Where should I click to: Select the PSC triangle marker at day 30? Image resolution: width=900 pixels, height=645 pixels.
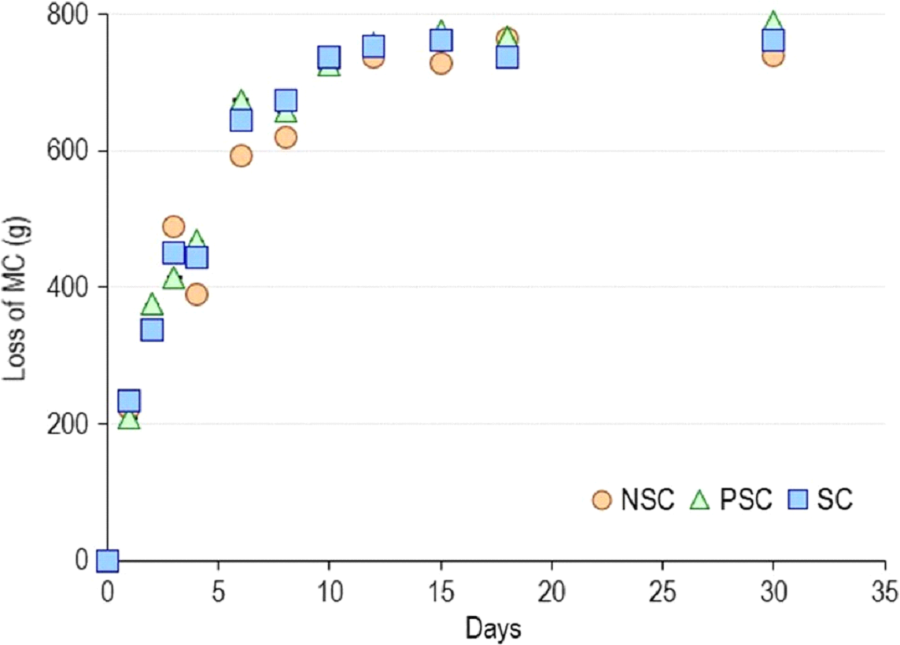(773, 22)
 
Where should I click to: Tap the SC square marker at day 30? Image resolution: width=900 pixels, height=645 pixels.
(773, 39)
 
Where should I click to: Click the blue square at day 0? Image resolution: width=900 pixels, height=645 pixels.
(107, 561)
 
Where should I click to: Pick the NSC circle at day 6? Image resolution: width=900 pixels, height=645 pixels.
(241, 156)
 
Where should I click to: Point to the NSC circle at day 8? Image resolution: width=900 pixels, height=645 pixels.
(286, 138)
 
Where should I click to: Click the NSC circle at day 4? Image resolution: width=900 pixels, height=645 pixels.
(197, 294)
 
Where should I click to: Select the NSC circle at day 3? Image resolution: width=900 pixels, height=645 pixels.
(174, 227)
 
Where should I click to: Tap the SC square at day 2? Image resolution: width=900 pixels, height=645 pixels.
(152, 330)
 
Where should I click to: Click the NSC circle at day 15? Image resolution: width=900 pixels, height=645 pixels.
(441, 64)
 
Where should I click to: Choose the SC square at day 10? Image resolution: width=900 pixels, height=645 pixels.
(329, 57)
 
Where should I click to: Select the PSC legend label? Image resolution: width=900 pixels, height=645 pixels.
(746, 500)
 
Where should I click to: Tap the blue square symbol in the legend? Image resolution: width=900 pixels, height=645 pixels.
(799, 499)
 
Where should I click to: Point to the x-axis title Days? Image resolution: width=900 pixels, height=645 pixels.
(492, 628)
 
